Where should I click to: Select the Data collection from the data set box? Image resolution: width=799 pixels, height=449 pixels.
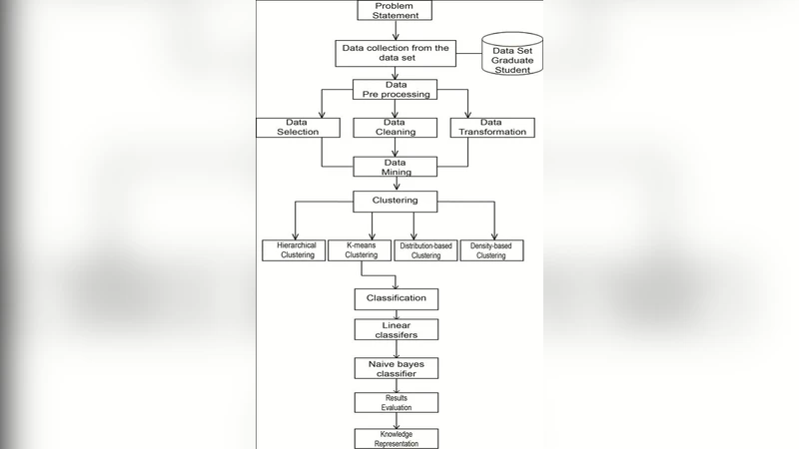(397, 53)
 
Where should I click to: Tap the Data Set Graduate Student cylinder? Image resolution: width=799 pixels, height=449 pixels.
(511, 56)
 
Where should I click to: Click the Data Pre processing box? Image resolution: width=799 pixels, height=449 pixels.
(397, 89)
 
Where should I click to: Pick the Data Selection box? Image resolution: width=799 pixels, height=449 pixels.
(288, 127)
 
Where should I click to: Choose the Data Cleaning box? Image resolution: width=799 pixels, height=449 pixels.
(397, 127)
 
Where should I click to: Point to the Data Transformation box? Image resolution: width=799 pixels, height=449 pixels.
(492, 127)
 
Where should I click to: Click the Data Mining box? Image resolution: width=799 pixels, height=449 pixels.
(397, 166)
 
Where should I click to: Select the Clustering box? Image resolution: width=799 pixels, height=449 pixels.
(397, 201)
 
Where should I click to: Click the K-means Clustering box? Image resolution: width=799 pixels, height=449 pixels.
(361, 250)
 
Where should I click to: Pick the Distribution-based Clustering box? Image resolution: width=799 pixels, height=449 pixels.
(426, 250)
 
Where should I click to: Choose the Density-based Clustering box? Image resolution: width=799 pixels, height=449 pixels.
(491, 250)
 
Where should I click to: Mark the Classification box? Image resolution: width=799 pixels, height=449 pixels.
(397, 298)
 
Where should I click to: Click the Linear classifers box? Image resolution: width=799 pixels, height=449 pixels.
(397, 330)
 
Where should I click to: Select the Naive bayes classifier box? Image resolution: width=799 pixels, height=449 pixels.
(397, 367)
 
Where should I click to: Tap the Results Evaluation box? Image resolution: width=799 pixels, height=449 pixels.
(397, 402)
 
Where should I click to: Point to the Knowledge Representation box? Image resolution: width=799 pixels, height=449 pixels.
(397, 438)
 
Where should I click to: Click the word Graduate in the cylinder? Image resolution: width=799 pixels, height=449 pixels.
(511, 60)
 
